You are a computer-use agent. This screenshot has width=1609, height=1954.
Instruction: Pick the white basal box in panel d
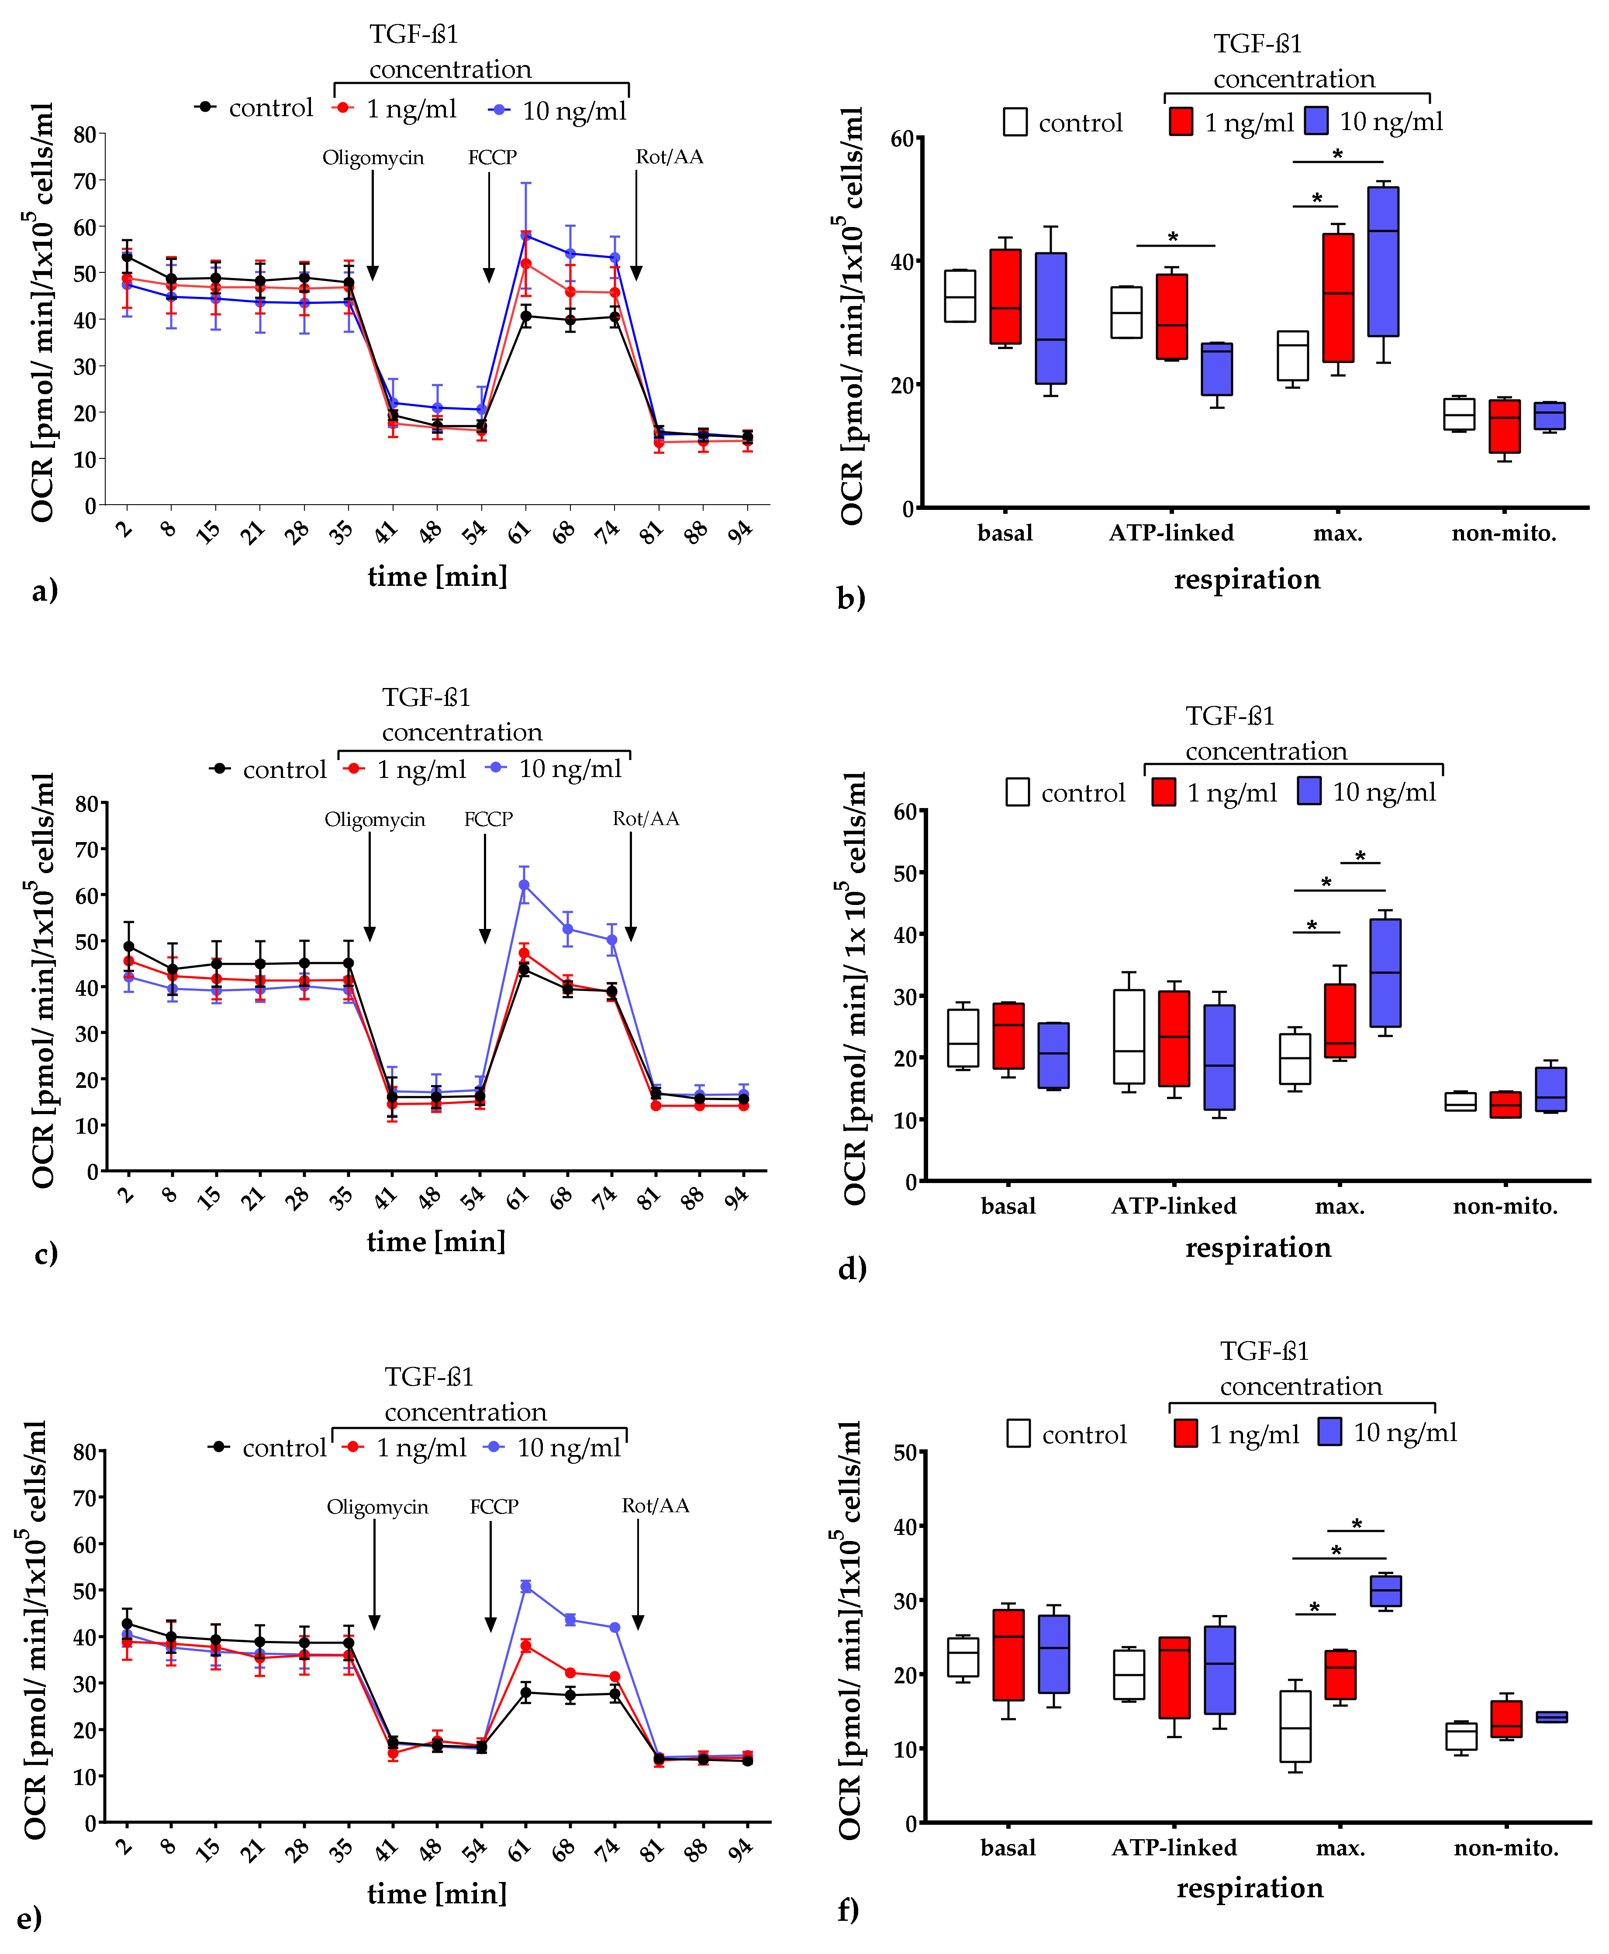click(x=963, y=1038)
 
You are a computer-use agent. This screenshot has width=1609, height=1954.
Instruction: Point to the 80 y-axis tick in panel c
click(x=86, y=803)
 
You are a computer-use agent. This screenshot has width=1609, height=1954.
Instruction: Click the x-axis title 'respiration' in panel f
click(x=1250, y=1887)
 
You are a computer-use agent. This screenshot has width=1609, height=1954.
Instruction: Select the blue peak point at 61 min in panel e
click(x=525, y=1586)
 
